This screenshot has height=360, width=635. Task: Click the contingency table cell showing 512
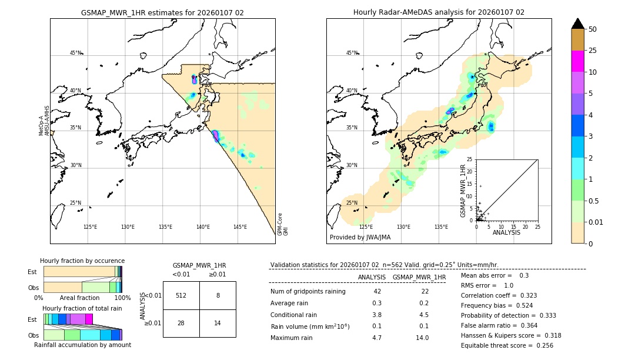click(x=181, y=295)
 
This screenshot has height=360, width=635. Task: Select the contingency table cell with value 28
click(x=181, y=324)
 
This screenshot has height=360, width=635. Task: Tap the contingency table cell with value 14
click(x=218, y=324)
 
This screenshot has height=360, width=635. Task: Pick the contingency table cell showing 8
click(x=218, y=295)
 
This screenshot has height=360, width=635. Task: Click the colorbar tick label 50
click(x=593, y=29)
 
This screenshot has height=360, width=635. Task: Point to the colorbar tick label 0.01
click(x=597, y=222)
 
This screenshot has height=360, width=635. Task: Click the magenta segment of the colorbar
click(x=578, y=61)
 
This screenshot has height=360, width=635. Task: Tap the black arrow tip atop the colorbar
click(x=578, y=23)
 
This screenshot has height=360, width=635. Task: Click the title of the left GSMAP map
click(x=162, y=12)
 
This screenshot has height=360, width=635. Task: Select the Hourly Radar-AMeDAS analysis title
click(x=439, y=12)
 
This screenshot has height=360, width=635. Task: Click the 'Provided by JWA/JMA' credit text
click(x=360, y=237)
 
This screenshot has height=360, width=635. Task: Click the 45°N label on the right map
click(x=352, y=53)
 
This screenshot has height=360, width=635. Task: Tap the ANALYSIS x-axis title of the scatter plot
click(x=506, y=232)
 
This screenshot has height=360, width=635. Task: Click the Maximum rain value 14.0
click(x=422, y=338)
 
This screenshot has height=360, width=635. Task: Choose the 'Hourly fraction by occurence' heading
click(x=82, y=261)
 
